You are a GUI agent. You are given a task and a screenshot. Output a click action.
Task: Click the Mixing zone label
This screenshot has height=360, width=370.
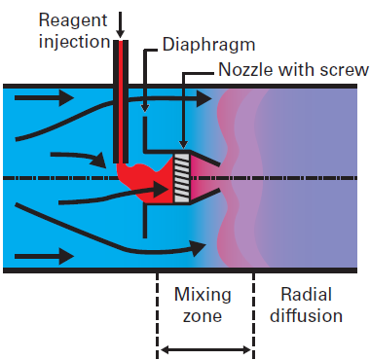203,304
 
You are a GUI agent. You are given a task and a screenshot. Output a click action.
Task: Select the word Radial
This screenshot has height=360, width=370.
306,294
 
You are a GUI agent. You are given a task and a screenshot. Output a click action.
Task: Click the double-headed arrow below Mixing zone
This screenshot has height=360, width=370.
205,348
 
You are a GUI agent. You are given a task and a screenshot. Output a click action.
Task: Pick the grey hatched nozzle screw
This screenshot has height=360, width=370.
182,177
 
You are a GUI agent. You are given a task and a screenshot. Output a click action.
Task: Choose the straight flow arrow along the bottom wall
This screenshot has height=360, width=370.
46,256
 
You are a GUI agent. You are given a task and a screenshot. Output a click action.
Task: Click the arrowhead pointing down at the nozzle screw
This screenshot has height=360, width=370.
183,145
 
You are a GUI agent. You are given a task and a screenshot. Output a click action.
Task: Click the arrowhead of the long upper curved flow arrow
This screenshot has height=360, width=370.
204,97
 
